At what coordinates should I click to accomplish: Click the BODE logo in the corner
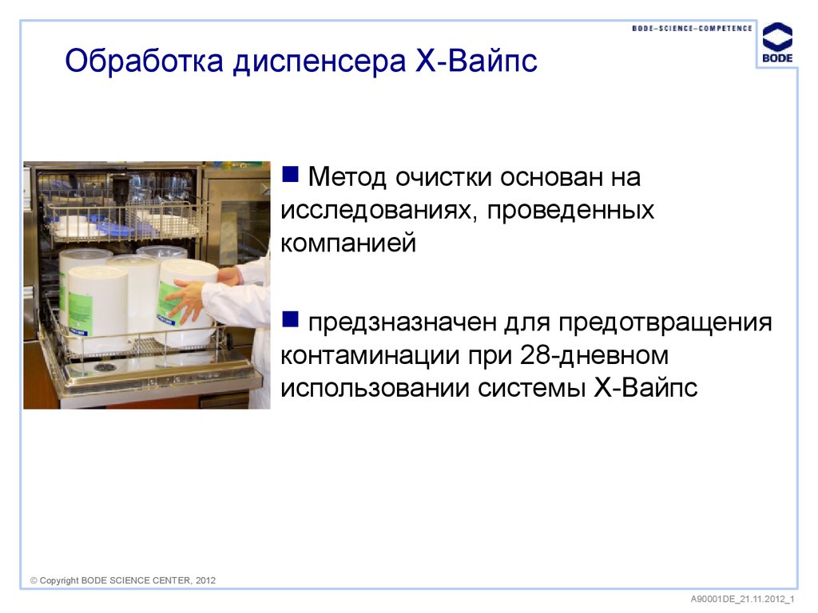click(776, 44)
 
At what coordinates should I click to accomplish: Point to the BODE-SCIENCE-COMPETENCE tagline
click(692, 28)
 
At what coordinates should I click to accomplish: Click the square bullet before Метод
click(291, 172)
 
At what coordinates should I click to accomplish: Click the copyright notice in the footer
click(123, 580)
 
